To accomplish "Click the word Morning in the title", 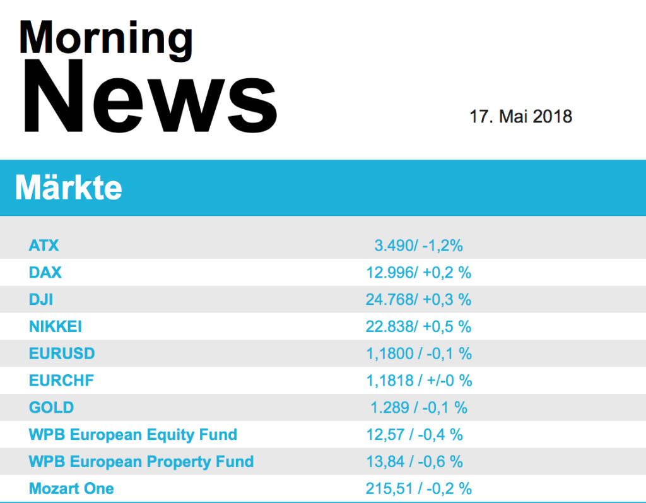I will (106, 38).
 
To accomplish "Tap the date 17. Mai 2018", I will (520, 117).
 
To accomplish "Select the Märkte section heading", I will (69, 188).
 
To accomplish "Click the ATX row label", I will (44, 246).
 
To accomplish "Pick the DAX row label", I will (45, 273).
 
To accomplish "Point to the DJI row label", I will (41, 300).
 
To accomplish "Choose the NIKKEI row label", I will (56, 327).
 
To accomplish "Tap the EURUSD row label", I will (62, 353).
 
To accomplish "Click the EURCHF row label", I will (61, 381).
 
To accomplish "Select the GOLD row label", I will (51, 408).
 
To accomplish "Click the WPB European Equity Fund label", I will (133, 435).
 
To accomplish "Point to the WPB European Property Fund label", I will (141, 462).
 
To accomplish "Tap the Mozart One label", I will (71, 488).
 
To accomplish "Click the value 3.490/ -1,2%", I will (418, 246).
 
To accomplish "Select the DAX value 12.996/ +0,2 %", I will (418, 273).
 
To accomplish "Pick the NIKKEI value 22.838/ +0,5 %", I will (418, 327).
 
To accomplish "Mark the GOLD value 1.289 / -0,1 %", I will (418, 408).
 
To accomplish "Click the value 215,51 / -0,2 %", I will (418, 488).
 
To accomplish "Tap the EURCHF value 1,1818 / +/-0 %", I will (418, 381).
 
